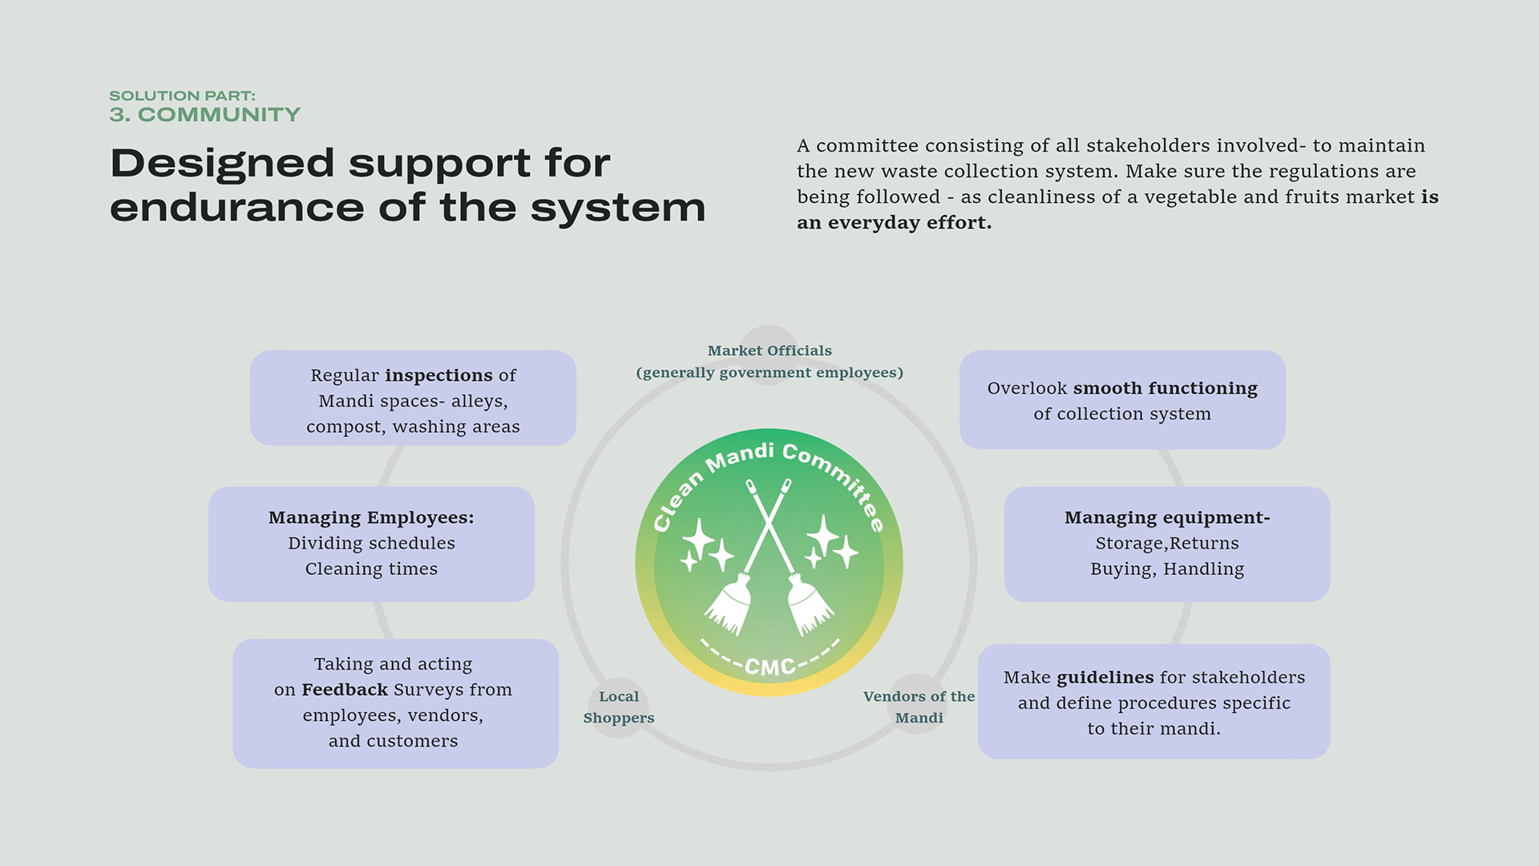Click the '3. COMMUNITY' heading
[205, 115]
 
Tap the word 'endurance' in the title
[237, 208]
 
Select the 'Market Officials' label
[769, 350]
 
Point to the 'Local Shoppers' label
[619, 707]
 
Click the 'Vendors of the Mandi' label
[919, 707]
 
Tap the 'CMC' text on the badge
[769, 666]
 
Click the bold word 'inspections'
[439, 375]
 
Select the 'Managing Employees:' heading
[371, 518]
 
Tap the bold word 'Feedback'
[345, 690]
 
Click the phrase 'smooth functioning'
[1165, 389]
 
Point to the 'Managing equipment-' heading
[1167, 518]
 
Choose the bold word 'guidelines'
[1105, 678]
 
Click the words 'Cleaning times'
[371, 569]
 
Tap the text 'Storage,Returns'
[1167, 544]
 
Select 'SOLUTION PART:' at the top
[183, 95]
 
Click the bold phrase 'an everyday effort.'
[895, 223]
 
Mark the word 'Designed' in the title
[222, 164]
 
